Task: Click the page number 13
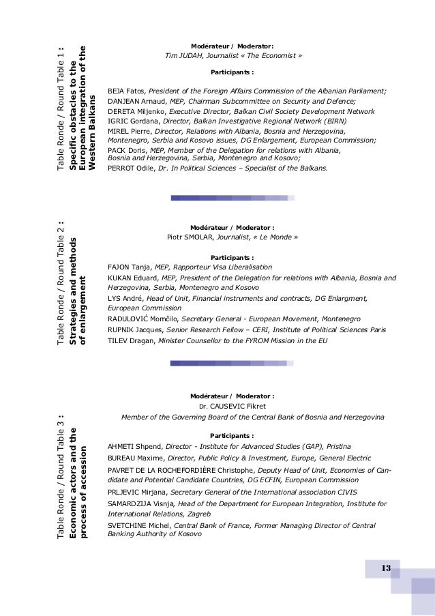[x=385, y=568]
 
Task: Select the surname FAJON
[x=119, y=267]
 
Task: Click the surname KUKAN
[x=119, y=278]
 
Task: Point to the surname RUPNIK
[x=121, y=329]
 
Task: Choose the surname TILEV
[x=118, y=340]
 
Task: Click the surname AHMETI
[x=121, y=446]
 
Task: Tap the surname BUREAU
[x=123, y=458]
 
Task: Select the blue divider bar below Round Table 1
[x=232, y=198]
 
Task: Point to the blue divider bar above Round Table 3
[x=232, y=364]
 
